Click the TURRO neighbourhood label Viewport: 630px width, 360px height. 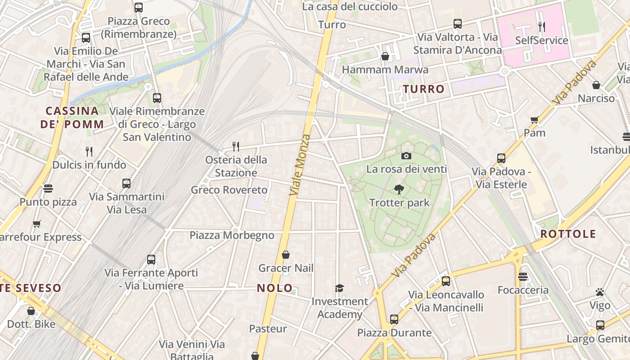pyautogui.click(x=423, y=89)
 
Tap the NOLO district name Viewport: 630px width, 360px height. pyautogui.click(x=274, y=288)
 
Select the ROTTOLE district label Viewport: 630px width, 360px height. pyautogui.click(x=568, y=234)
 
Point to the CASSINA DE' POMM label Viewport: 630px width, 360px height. pyautogui.click(x=72, y=117)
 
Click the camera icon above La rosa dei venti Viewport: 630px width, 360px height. pyautogui.click(x=406, y=156)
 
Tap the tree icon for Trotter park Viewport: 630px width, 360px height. pyautogui.click(x=399, y=189)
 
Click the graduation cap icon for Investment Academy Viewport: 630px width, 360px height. pyautogui.click(x=339, y=288)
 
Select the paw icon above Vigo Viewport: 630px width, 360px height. pyautogui.click(x=599, y=292)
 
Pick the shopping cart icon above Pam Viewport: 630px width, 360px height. pyautogui.click(x=535, y=120)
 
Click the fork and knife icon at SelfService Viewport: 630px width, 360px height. pyautogui.click(x=542, y=27)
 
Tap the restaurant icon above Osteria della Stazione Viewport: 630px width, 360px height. pyautogui.click(x=235, y=146)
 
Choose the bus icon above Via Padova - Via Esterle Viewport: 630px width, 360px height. pyautogui.click(x=501, y=158)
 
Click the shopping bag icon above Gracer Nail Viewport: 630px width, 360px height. pyautogui.click(x=285, y=255)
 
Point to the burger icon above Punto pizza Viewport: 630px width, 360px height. pyautogui.click(x=48, y=188)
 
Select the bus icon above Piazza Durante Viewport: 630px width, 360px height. pyautogui.click(x=394, y=319)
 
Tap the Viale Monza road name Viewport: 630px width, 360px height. pyautogui.click(x=300, y=164)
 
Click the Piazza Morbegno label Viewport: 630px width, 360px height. pyautogui.click(x=232, y=235)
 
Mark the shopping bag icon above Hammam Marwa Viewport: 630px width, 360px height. pyautogui.click(x=385, y=56)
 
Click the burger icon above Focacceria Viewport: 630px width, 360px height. pyautogui.click(x=522, y=276)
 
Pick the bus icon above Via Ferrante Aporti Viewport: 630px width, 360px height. pyautogui.click(x=151, y=260)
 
